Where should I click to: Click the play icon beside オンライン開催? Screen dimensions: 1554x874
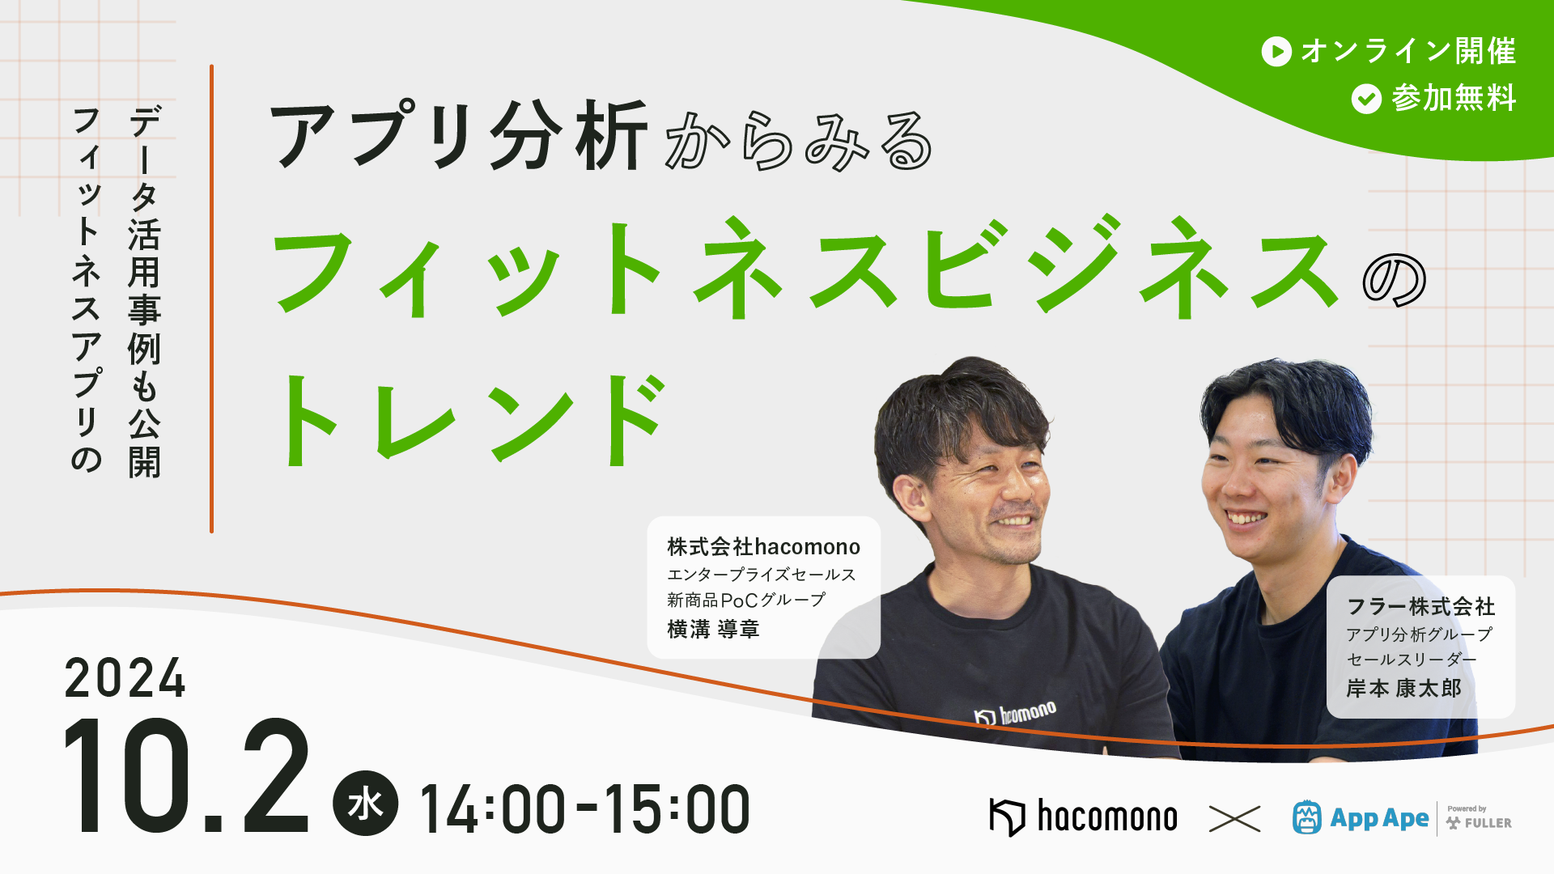[x=1276, y=52]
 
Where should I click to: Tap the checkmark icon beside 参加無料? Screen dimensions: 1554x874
[x=1366, y=99]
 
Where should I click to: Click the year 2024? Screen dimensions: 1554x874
[x=125, y=678]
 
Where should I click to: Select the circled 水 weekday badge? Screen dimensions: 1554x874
[x=365, y=804]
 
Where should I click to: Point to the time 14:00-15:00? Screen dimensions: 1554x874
[x=584, y=809]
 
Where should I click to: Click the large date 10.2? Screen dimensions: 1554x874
[x=187, y=777]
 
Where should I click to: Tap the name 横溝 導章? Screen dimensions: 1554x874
[x=713, y=629]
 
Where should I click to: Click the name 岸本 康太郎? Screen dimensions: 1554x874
[x=1404, y=689]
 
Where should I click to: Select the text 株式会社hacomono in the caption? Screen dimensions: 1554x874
[x=763, y=547]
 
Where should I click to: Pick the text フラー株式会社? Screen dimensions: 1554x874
[x=1420, y=607]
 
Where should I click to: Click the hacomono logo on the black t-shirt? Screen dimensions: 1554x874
[x=1016, y=714]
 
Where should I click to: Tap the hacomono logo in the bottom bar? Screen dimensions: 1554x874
[x=1083, y=817]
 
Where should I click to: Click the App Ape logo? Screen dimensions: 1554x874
[x=1361, y=818]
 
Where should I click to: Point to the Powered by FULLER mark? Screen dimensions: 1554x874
[x=1479, y=818]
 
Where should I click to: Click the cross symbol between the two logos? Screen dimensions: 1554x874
[x=1234, y=818]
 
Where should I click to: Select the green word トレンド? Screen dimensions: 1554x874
[x=472, y=420]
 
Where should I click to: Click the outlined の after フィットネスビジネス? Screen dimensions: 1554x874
[x=1394, y=280]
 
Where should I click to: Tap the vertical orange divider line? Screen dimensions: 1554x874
[x=211, y=299]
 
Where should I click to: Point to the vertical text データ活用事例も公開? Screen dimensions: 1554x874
[x=145, y=291]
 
